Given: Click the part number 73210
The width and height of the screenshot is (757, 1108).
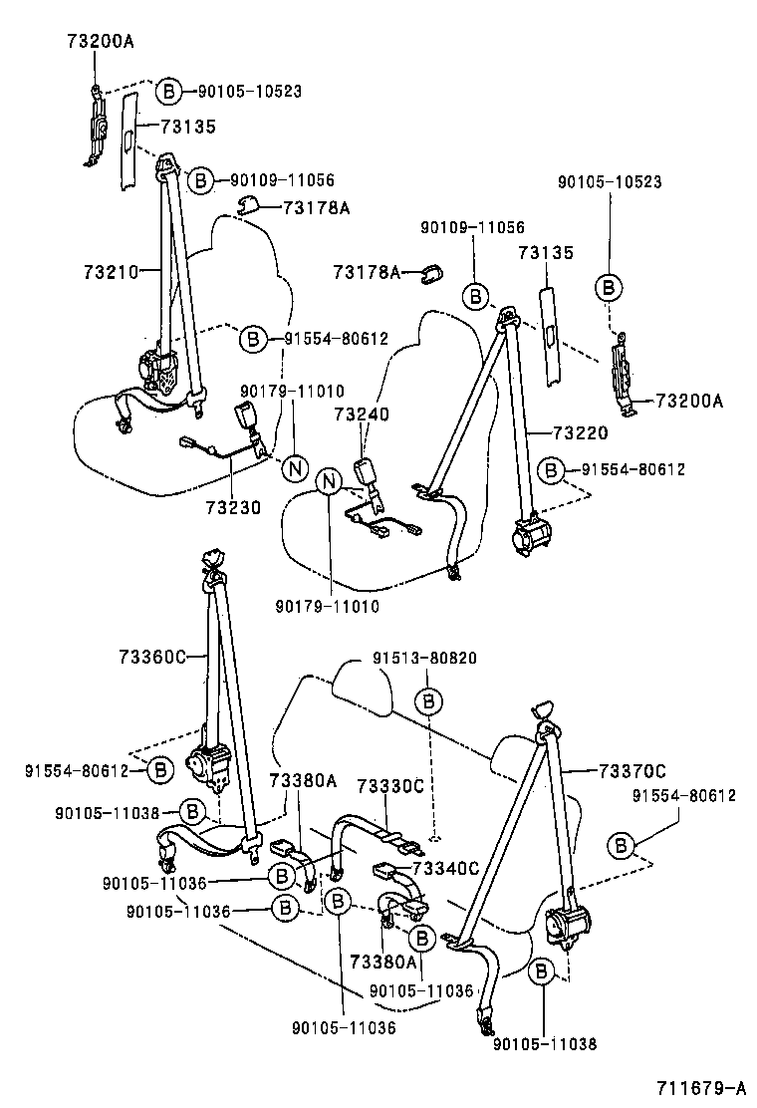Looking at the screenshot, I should [x=110, y=270].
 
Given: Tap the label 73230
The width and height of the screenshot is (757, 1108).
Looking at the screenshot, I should [x=233, y=507].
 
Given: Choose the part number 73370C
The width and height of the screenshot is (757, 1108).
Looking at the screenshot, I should [x=632, y=770].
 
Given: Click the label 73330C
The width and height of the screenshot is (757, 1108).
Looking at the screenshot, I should [x=390, y=786].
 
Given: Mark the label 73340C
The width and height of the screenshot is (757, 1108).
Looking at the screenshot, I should [x=446, y=868].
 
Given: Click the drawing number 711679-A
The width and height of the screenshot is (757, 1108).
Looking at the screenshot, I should [x=700, y=1086].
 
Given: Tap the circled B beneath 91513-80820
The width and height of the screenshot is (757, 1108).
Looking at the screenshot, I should [x=428, y=701].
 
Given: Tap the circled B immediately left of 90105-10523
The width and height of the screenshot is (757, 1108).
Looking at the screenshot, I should [x=169, y=92].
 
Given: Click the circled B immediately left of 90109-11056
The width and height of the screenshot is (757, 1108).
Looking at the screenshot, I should [x=201, y=180].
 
